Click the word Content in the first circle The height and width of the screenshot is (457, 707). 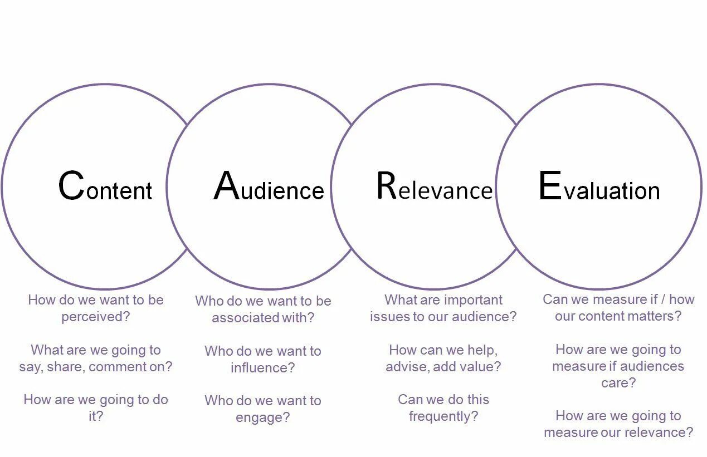point(105,187)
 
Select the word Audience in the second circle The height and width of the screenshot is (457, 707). point(269,187)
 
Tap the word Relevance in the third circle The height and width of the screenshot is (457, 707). point(435,187)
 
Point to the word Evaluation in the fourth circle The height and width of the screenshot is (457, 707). point(599,187)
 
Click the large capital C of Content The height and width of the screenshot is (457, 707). point(71,186)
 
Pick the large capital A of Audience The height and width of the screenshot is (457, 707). point(226,186)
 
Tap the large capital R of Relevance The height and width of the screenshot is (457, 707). point(386,186)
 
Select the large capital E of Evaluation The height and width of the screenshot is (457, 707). point(549,186)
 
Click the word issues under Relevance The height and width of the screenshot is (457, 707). point(386,317)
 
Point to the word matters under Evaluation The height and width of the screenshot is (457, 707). point(655,316)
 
